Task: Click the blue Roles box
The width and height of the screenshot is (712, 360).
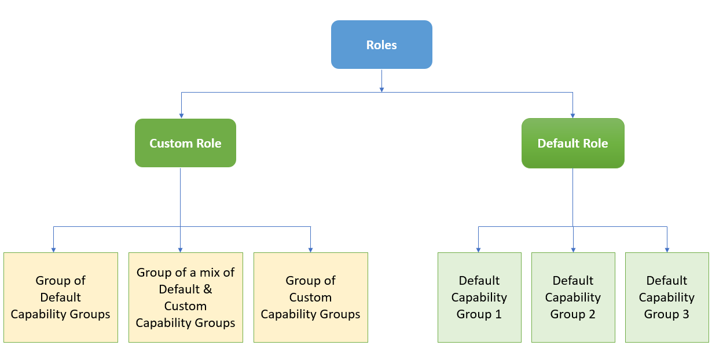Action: pos(381,45)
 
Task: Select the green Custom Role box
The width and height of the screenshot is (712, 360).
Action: pos(185,143)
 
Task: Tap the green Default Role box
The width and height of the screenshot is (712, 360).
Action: pos(572,143)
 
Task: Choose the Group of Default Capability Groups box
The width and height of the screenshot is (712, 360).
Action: pos(61,297)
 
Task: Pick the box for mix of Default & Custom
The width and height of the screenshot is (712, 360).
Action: pos(185,297)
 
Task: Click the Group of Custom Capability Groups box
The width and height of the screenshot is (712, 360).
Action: pos(310,297)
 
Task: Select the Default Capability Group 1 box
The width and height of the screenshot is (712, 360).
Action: pos(479,297)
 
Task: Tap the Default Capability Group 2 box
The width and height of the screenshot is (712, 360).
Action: pos(573,297)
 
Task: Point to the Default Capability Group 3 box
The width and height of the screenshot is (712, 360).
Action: pos(667,297)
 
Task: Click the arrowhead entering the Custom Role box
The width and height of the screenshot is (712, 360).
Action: pos(181,116)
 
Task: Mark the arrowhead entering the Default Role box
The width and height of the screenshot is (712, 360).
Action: pos(572,116)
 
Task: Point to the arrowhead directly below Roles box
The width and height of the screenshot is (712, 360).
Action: pos(381,89)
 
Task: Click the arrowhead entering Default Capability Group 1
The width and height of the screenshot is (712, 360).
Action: pos(478,249)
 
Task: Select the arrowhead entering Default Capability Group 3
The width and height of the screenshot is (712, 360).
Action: pos(667,249)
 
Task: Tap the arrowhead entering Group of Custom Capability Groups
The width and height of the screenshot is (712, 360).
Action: pos(310,249)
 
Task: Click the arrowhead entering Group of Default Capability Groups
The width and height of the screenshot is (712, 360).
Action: pos(53,249)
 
